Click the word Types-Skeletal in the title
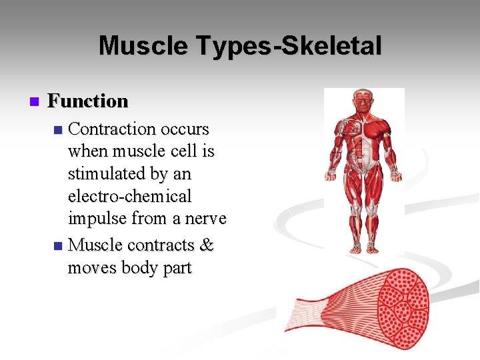point(289,47)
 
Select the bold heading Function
point(88,101)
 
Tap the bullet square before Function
point(35,102)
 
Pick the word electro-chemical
point(129,197)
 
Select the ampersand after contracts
point(207,245)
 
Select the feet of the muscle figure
point(364,249)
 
